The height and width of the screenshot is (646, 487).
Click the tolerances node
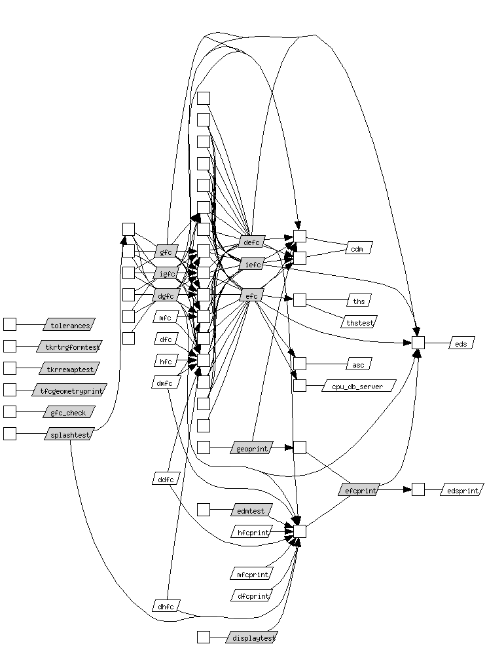point(69,325)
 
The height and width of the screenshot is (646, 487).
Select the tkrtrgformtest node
point(69,347)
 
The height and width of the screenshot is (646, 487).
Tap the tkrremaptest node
point(69,368)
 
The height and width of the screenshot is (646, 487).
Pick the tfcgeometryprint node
point(69,390)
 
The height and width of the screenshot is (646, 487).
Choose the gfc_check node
point(69,412)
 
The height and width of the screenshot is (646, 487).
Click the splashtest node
point(69,434)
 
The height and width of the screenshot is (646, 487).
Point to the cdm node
point(357,248)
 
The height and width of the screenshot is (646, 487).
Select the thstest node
point(359,322)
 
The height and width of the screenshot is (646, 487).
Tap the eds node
point(461,343)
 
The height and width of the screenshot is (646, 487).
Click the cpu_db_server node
point(359,386)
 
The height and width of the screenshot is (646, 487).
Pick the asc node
point(359,364)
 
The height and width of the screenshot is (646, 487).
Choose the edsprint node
point(462,489)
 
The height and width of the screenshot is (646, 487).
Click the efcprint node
point(359,489)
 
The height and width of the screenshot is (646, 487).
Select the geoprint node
point(251,447)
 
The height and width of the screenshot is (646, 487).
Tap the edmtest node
point(251,510)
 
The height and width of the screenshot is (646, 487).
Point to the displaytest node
point(251,637)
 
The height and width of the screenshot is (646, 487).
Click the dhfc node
point(166,606)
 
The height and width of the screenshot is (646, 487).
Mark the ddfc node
point(166,479)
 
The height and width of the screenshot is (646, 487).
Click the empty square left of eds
point(418,343)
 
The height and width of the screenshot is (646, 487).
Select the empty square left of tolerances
point(10,324)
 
